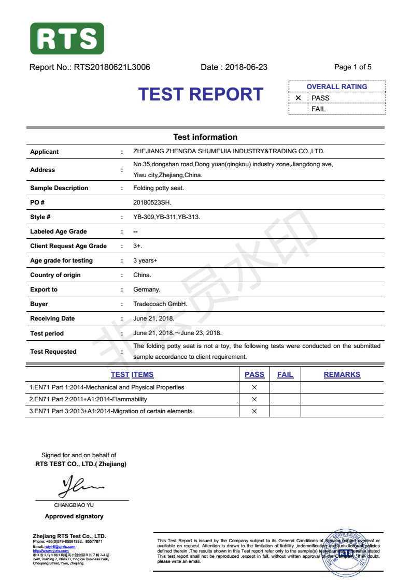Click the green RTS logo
[67, 38]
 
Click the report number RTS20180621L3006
[112, 67]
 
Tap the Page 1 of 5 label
[353, 67]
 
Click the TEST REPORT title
[201, 94]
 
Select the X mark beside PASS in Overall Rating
[298, 98]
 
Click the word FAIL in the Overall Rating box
[319, 109]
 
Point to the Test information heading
[205, 137]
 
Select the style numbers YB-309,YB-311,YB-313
[166, 217]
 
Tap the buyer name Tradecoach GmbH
[160, 304]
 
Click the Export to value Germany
[147, 289]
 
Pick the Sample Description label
[59, 188]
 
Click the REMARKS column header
[342, 374]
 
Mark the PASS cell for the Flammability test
[254, 399]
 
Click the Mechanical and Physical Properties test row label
[107, 387]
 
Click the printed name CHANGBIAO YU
[74, 505]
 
